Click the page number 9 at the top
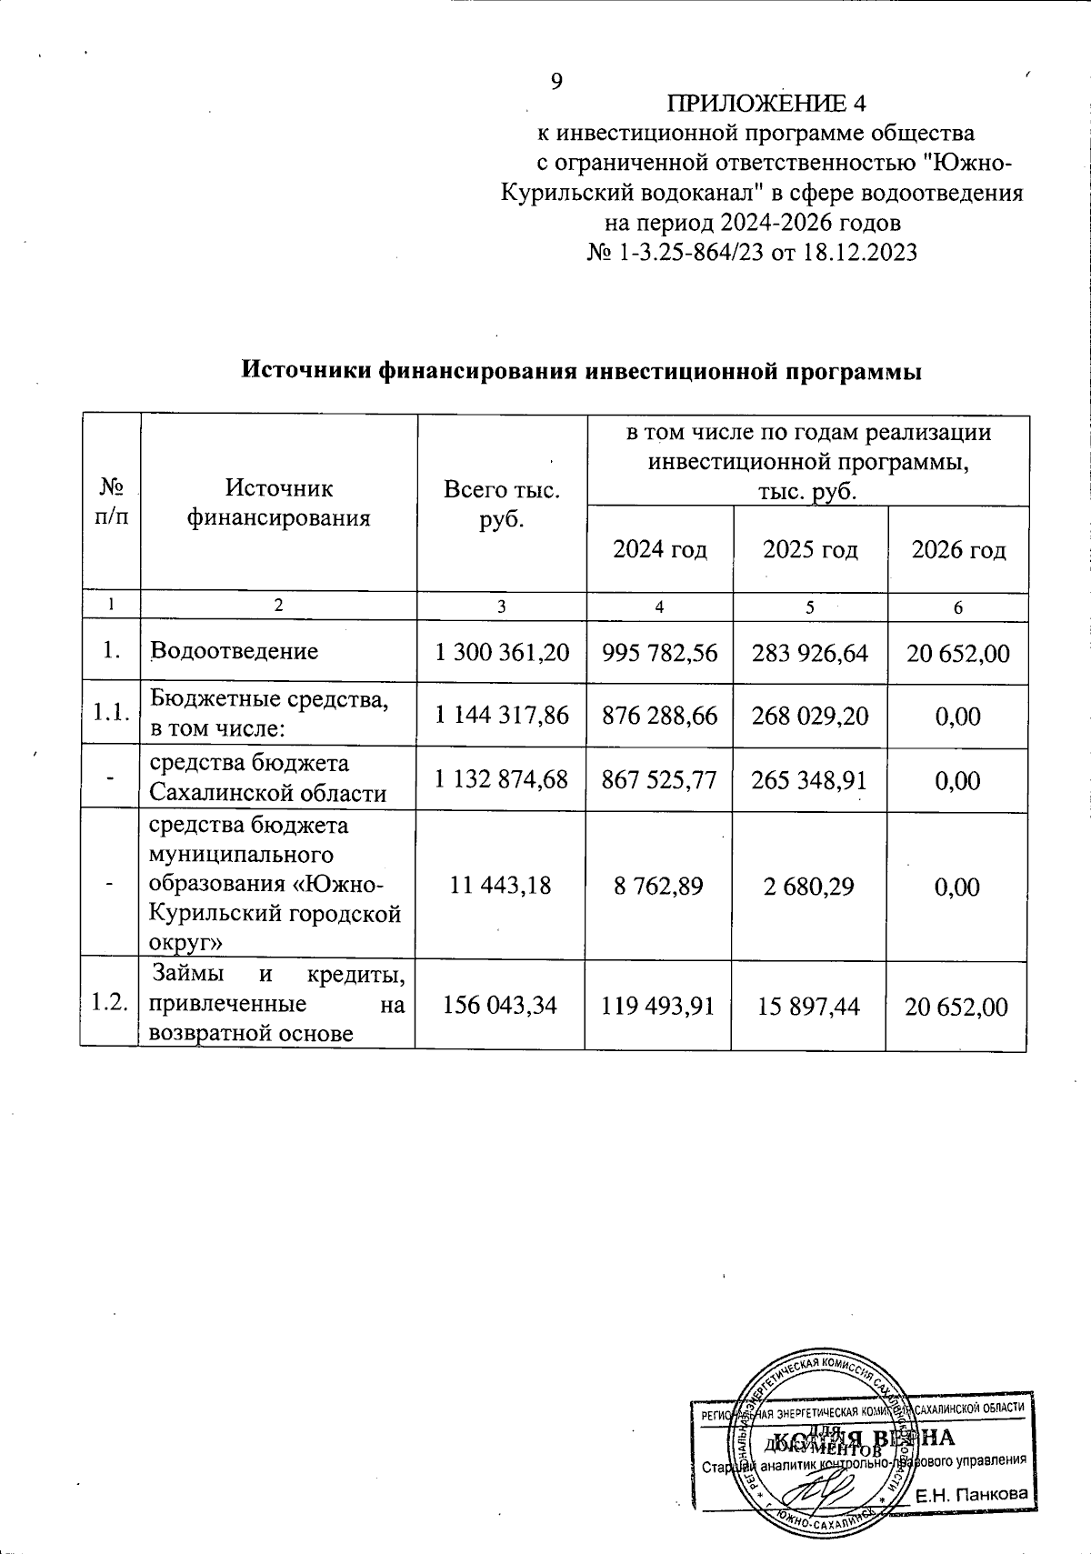[557, 82]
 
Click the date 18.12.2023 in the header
[857, 252]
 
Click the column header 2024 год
[660, 549]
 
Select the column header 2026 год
[958, 549]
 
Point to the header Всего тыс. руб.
[501, 505]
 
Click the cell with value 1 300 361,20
[502, 652]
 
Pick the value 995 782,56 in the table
[659, 652]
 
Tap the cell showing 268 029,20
[809, 716]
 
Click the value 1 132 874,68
[502, 779]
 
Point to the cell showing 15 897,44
[809, 1005]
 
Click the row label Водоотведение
[235, 651]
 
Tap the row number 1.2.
[109, 1004]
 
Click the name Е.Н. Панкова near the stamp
[971, 1494]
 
